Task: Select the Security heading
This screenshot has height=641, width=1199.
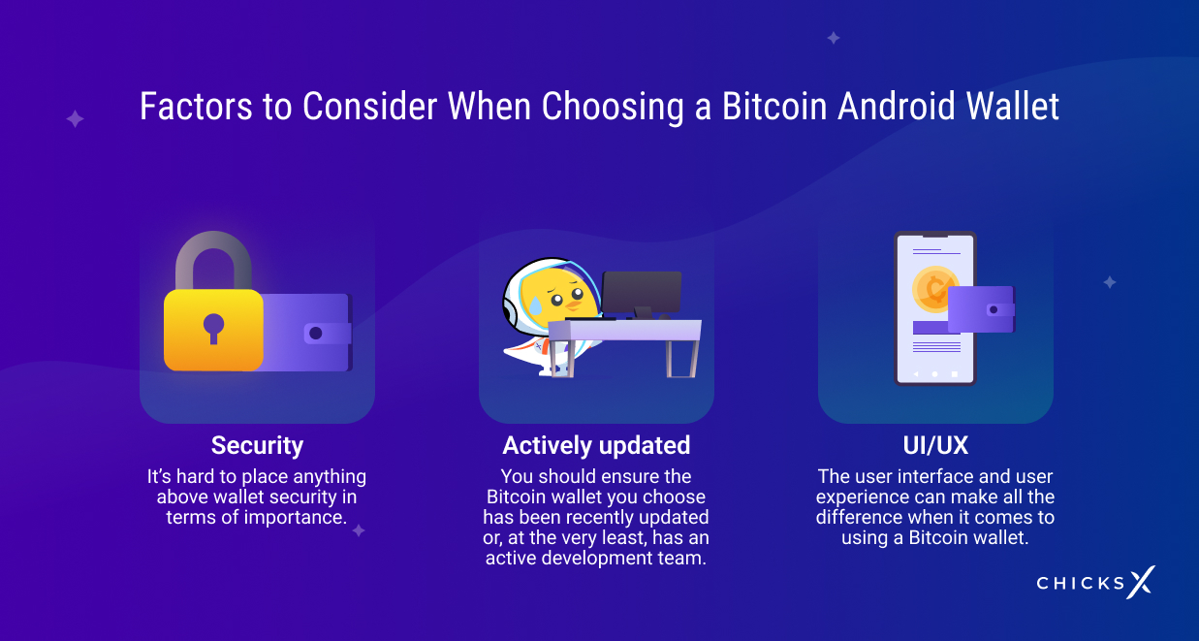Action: click(x=257, y=445)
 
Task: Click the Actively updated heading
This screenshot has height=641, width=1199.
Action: click(x=596, y=445)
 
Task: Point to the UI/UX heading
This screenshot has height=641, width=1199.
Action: click(x=935, y=445)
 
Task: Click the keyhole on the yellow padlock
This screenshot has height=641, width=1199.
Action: click(x=213, y=328)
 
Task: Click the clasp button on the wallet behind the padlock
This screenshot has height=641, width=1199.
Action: click(x=315, y=334)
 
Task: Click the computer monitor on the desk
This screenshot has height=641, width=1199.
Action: click(x=642, y=292)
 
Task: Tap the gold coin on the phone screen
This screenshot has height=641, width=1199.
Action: click(x=934, y=289)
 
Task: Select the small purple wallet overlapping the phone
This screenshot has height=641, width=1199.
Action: click(x=981, y=309)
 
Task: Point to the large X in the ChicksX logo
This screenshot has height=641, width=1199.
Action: click(x=1141, y=582)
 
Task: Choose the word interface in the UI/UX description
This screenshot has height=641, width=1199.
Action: click(x=934, y=476)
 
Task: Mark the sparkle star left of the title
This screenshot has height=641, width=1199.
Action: click(x=75, y=118)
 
